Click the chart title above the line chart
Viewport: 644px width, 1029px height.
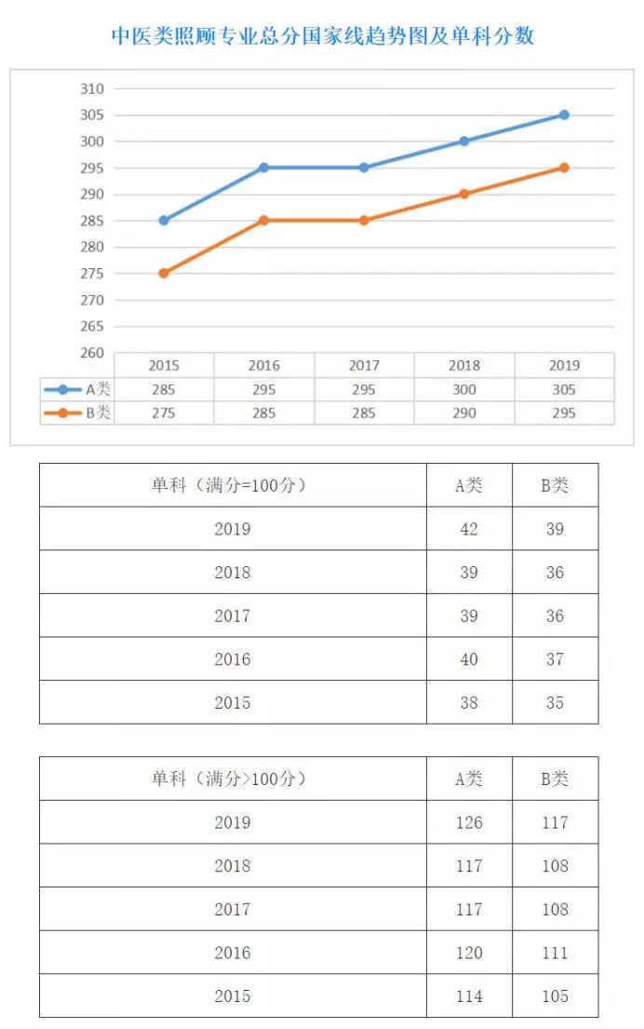click(x=322, y=36)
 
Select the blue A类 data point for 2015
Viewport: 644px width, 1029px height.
click(x=164, y=221)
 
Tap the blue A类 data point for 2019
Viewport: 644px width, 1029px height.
click(x=564, y=115)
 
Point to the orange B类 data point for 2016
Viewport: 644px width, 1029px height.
click(x=263, y=221)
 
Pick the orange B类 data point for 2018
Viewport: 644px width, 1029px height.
click(x=463, y=194)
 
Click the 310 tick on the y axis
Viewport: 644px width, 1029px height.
click(x=91, y=88)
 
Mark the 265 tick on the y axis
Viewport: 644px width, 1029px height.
click(x=91, y=327)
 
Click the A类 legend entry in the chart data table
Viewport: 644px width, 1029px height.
click(x=78, y=389)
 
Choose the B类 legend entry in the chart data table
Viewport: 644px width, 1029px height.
click(x=78, y=413)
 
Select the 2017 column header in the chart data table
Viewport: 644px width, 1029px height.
click(x=364, y=365)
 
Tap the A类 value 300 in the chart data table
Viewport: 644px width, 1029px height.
click(x=463, y=389)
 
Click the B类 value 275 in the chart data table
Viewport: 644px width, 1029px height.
click(x=164, y=413)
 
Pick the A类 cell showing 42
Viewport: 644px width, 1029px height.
click(x=469, y=529)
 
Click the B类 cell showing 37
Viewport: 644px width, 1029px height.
click(x=555, y=659)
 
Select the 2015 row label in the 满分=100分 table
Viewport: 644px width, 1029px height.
click(x=233, y=703)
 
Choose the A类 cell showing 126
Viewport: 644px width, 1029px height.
click(x=469, y=822)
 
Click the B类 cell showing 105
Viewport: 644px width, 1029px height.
click(x=555, y=996)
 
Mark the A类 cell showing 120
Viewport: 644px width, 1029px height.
click(x=469, y=953)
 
